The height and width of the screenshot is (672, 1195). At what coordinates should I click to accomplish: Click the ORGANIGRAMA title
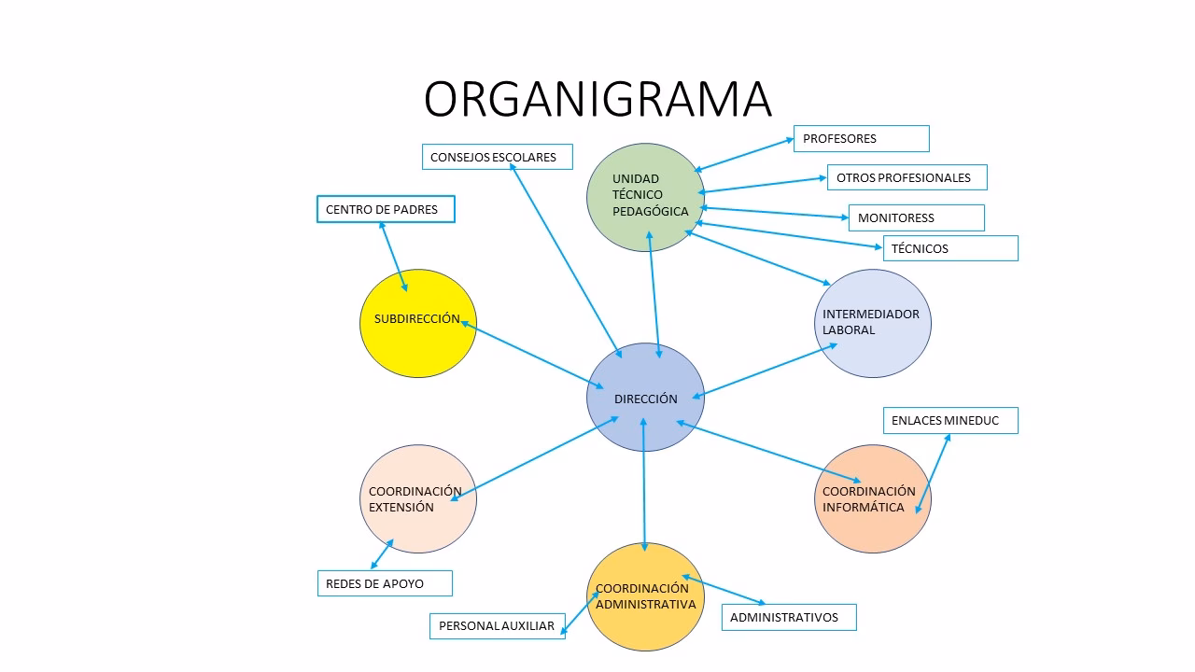click(x=597, y=99)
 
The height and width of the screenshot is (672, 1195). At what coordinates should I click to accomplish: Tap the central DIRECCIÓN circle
click(x=645, y=398)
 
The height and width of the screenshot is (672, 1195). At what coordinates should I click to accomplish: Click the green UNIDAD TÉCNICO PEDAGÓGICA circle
click(x=644, y=196)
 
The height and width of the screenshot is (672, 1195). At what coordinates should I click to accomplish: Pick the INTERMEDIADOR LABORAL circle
click(x=873, y=323)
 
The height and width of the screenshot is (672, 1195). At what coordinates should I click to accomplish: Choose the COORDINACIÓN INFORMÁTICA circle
click(x=873, y=499)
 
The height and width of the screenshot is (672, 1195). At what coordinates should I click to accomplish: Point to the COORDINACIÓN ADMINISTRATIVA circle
click(x=645, y=595)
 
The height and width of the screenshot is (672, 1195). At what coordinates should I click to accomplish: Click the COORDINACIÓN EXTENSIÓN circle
click(x=418, y=499)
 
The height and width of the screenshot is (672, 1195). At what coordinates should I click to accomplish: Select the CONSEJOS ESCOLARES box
click(x=497, y=157)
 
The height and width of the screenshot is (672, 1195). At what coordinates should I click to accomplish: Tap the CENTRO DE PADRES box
click(x=386, y=209)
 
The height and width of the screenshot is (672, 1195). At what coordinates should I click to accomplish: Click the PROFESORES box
click(x=861, y=138)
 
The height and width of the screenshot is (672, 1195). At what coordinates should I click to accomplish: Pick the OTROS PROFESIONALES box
click(x=906, y=177)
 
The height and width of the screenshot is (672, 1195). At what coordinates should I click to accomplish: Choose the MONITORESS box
click(x=916, y=217)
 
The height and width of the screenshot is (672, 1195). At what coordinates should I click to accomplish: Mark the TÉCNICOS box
click(x=949, y=248)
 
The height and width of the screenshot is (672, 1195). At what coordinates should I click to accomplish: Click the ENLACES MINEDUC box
click(x=950, y=420)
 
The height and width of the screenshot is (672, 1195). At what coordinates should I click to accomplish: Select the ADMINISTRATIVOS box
click(x=788, y=617)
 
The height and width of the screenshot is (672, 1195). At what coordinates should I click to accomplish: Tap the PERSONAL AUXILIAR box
click(x=498, y=626)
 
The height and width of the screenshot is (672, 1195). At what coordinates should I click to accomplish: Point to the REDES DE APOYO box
click(x=385, y=583)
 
